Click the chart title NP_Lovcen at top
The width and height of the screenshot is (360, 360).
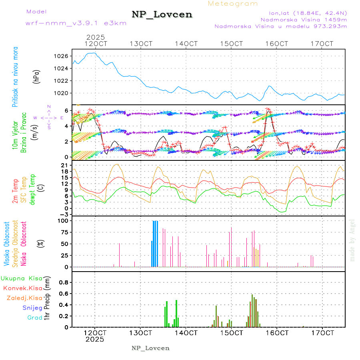pyautogui.click(x=162, y=15)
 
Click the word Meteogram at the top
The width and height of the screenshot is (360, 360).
pyautogui.click(x=233, y=4)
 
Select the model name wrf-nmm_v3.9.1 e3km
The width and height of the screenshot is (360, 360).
pyautogui.click(x=76, y=23)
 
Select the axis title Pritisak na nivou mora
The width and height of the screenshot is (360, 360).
pyautogui.click(x=16, y=76)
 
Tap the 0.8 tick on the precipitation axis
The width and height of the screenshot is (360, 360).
pyautogui.click(x=64, y=282)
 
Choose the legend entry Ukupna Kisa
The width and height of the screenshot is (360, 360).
pyautogui.click(x=22, y=278)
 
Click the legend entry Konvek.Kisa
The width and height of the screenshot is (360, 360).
pyautogui.click(x=22, y=288)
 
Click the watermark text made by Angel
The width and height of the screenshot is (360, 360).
pyautogui.click(x=352, y=240)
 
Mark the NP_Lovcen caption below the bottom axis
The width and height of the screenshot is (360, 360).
pyautogui.click(x=150, y=348)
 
